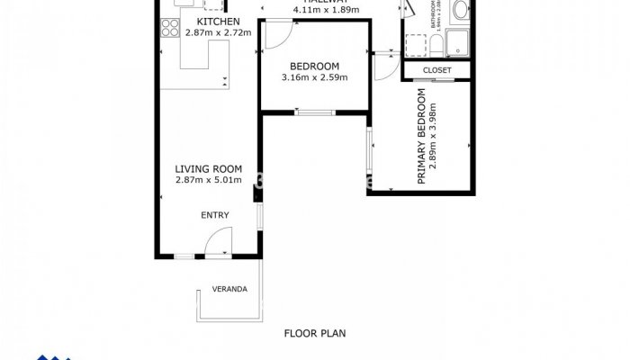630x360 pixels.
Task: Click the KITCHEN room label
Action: [x=218, y=21]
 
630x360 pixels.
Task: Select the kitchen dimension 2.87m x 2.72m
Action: [x=218, y=32]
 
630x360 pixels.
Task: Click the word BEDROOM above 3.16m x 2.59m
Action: [x=314, y=66]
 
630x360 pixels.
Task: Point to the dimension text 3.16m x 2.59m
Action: [x=314, y=77]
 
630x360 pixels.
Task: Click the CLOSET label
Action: [x=436, y=69]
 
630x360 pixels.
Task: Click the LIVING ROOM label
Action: [x=209, y=168]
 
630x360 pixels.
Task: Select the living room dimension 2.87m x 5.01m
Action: [x=209, y=180]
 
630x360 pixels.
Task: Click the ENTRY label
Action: [x=214, y=215]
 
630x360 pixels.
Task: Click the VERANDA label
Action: [x=229, y=289]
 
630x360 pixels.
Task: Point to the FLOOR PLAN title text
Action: [x=314, y=333]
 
